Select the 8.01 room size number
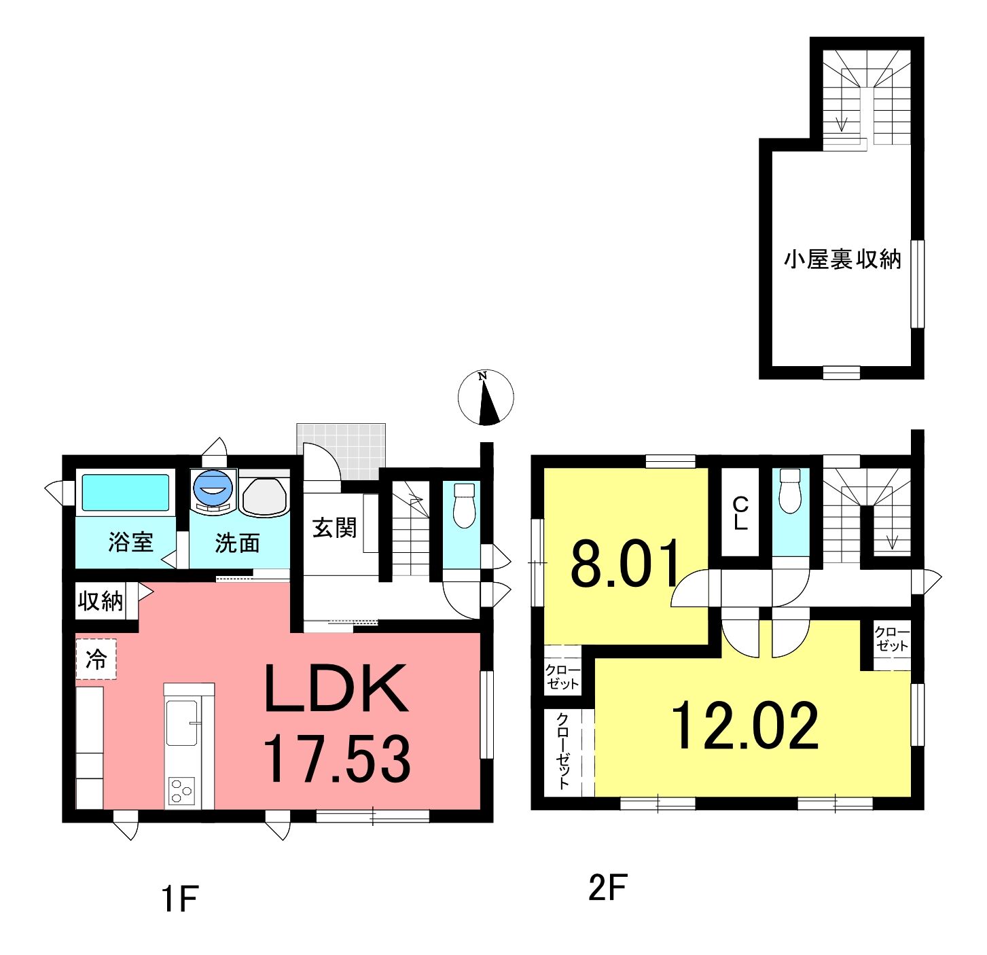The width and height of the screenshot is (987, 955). [625, 562]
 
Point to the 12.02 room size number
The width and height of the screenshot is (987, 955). [745, 725]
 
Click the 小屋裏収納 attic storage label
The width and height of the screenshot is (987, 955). [842, 259]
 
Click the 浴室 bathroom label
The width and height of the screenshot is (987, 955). [130, 542]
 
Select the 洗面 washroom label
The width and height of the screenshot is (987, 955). [237, 543]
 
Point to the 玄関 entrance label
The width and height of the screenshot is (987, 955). [334, 528]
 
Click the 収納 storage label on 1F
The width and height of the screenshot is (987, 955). [101, 602]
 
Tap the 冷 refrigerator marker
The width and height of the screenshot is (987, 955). [96, 660]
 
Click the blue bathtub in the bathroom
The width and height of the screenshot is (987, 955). [126, 492]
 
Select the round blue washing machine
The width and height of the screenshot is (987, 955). [213, 488]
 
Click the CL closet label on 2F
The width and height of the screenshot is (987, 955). [740, 513]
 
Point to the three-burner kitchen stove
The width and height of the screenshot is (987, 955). [181, 791]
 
